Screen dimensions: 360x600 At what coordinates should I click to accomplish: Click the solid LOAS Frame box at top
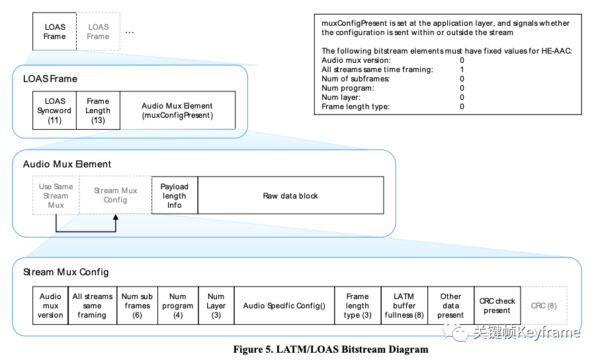tap(55, 32)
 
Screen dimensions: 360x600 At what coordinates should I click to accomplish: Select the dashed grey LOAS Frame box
tap(98, 32)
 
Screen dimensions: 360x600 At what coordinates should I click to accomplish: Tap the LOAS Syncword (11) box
tap(56, 111)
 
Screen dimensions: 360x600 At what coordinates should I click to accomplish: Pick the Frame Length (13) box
tap(98, 111)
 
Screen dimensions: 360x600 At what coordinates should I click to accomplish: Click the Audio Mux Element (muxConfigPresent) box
tap(177, 111)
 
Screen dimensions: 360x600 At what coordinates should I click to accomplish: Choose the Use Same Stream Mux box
tap(56, 195)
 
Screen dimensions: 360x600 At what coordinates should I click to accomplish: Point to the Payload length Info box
tap(174, 195)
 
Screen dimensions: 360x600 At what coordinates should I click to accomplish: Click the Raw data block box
tap(290, 195)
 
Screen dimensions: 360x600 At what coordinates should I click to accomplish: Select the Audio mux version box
tap(50, 306)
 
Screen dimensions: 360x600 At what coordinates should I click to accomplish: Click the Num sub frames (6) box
tap(137, 306)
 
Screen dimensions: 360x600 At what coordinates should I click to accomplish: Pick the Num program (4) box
tap(177, 306)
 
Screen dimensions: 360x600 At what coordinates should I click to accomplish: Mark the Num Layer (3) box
tap(216, 306)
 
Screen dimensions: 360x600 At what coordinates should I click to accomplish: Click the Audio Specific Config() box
tap(284, 306)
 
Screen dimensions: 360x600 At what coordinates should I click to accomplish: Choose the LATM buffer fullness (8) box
tap(404, 306)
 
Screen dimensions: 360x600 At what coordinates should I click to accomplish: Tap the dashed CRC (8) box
tap(544, 306)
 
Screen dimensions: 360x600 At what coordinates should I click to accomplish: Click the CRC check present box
tap(497, 306)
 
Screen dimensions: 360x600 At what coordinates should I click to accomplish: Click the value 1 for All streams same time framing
tap(462, 69)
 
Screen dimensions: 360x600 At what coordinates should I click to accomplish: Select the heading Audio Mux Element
tap(67, 164)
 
